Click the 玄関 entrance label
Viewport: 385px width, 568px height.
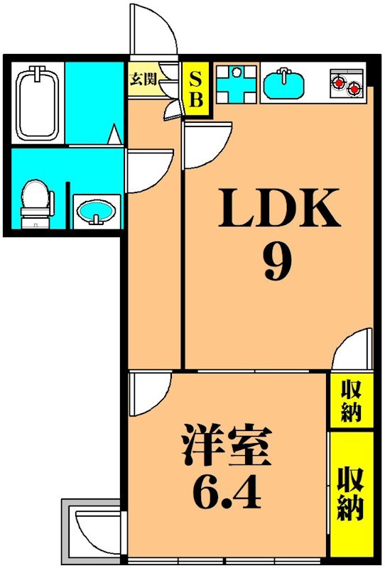tap(143, 78)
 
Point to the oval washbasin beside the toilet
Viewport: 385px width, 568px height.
tap(94, 212)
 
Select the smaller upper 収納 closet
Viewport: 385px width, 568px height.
tap(351, 401)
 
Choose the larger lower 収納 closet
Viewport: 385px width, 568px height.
tap(351, 493)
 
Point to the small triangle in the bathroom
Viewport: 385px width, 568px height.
tap(114, 134)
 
